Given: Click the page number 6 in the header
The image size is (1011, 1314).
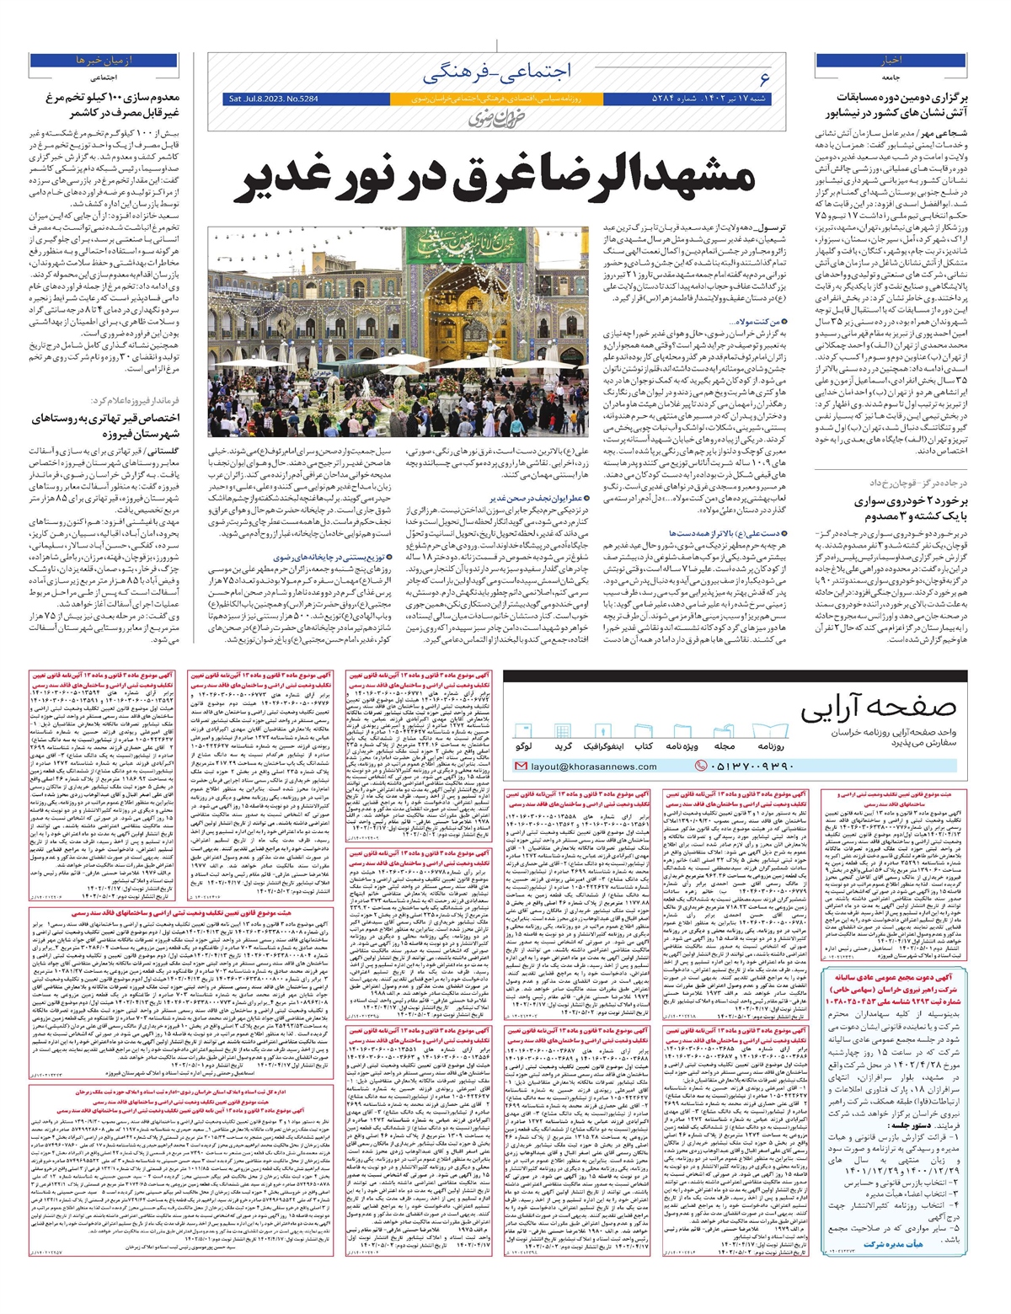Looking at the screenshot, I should coord(764,78).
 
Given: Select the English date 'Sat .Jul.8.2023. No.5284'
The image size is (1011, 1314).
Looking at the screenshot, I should coord(274,99).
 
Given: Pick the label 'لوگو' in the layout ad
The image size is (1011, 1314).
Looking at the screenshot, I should coord(522,746).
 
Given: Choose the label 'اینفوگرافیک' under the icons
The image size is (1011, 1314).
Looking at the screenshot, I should coord(603,746).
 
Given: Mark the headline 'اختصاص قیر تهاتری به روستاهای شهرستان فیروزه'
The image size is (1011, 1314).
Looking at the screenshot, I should coord(105,425).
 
